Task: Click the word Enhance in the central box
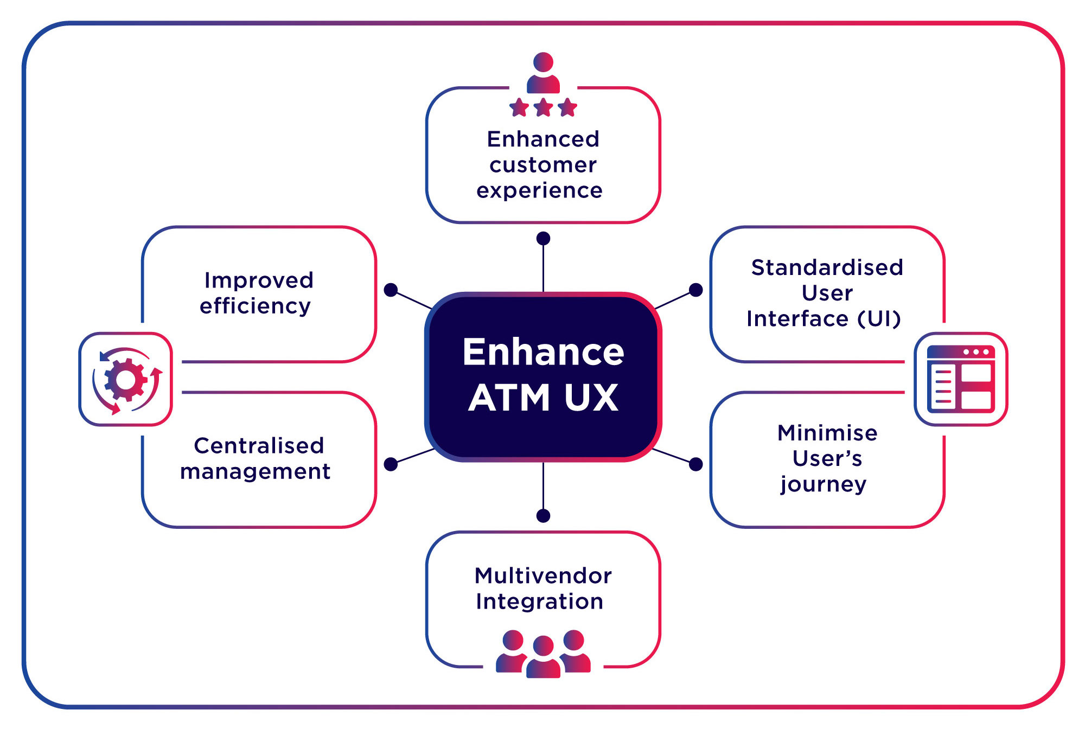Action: point(543,352)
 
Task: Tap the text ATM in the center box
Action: point(509,398)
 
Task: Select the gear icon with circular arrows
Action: point(126,380)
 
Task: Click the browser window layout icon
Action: point(961,379)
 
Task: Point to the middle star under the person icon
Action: point(543,107)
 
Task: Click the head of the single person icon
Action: point(543,62)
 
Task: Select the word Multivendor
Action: point(543,575)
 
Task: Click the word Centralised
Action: point(259,446)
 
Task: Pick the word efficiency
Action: point(255,306)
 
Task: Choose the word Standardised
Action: point(827,267)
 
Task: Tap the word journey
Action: point(824,484)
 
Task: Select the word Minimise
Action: point(827,433)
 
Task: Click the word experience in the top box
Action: point(539,191)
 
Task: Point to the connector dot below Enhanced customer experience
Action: point(543,238)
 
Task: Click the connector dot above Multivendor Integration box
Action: point(543,515)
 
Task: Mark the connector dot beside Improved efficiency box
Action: point(391,290)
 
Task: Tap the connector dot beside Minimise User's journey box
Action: point(695,464)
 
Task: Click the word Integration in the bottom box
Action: point(539,602)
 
